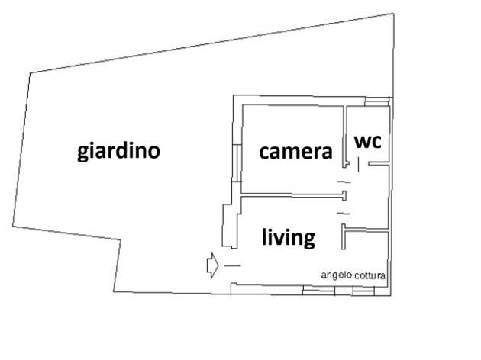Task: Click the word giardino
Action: coord(118,150)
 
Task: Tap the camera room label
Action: coord(295,152)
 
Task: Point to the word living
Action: coord(288,238)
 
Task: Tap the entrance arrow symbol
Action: coord(212,265)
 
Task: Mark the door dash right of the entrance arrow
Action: coord(232,265)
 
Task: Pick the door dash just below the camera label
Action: coord(345,182)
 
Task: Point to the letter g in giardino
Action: coord(83,153)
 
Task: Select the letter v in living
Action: coord(280,238)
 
